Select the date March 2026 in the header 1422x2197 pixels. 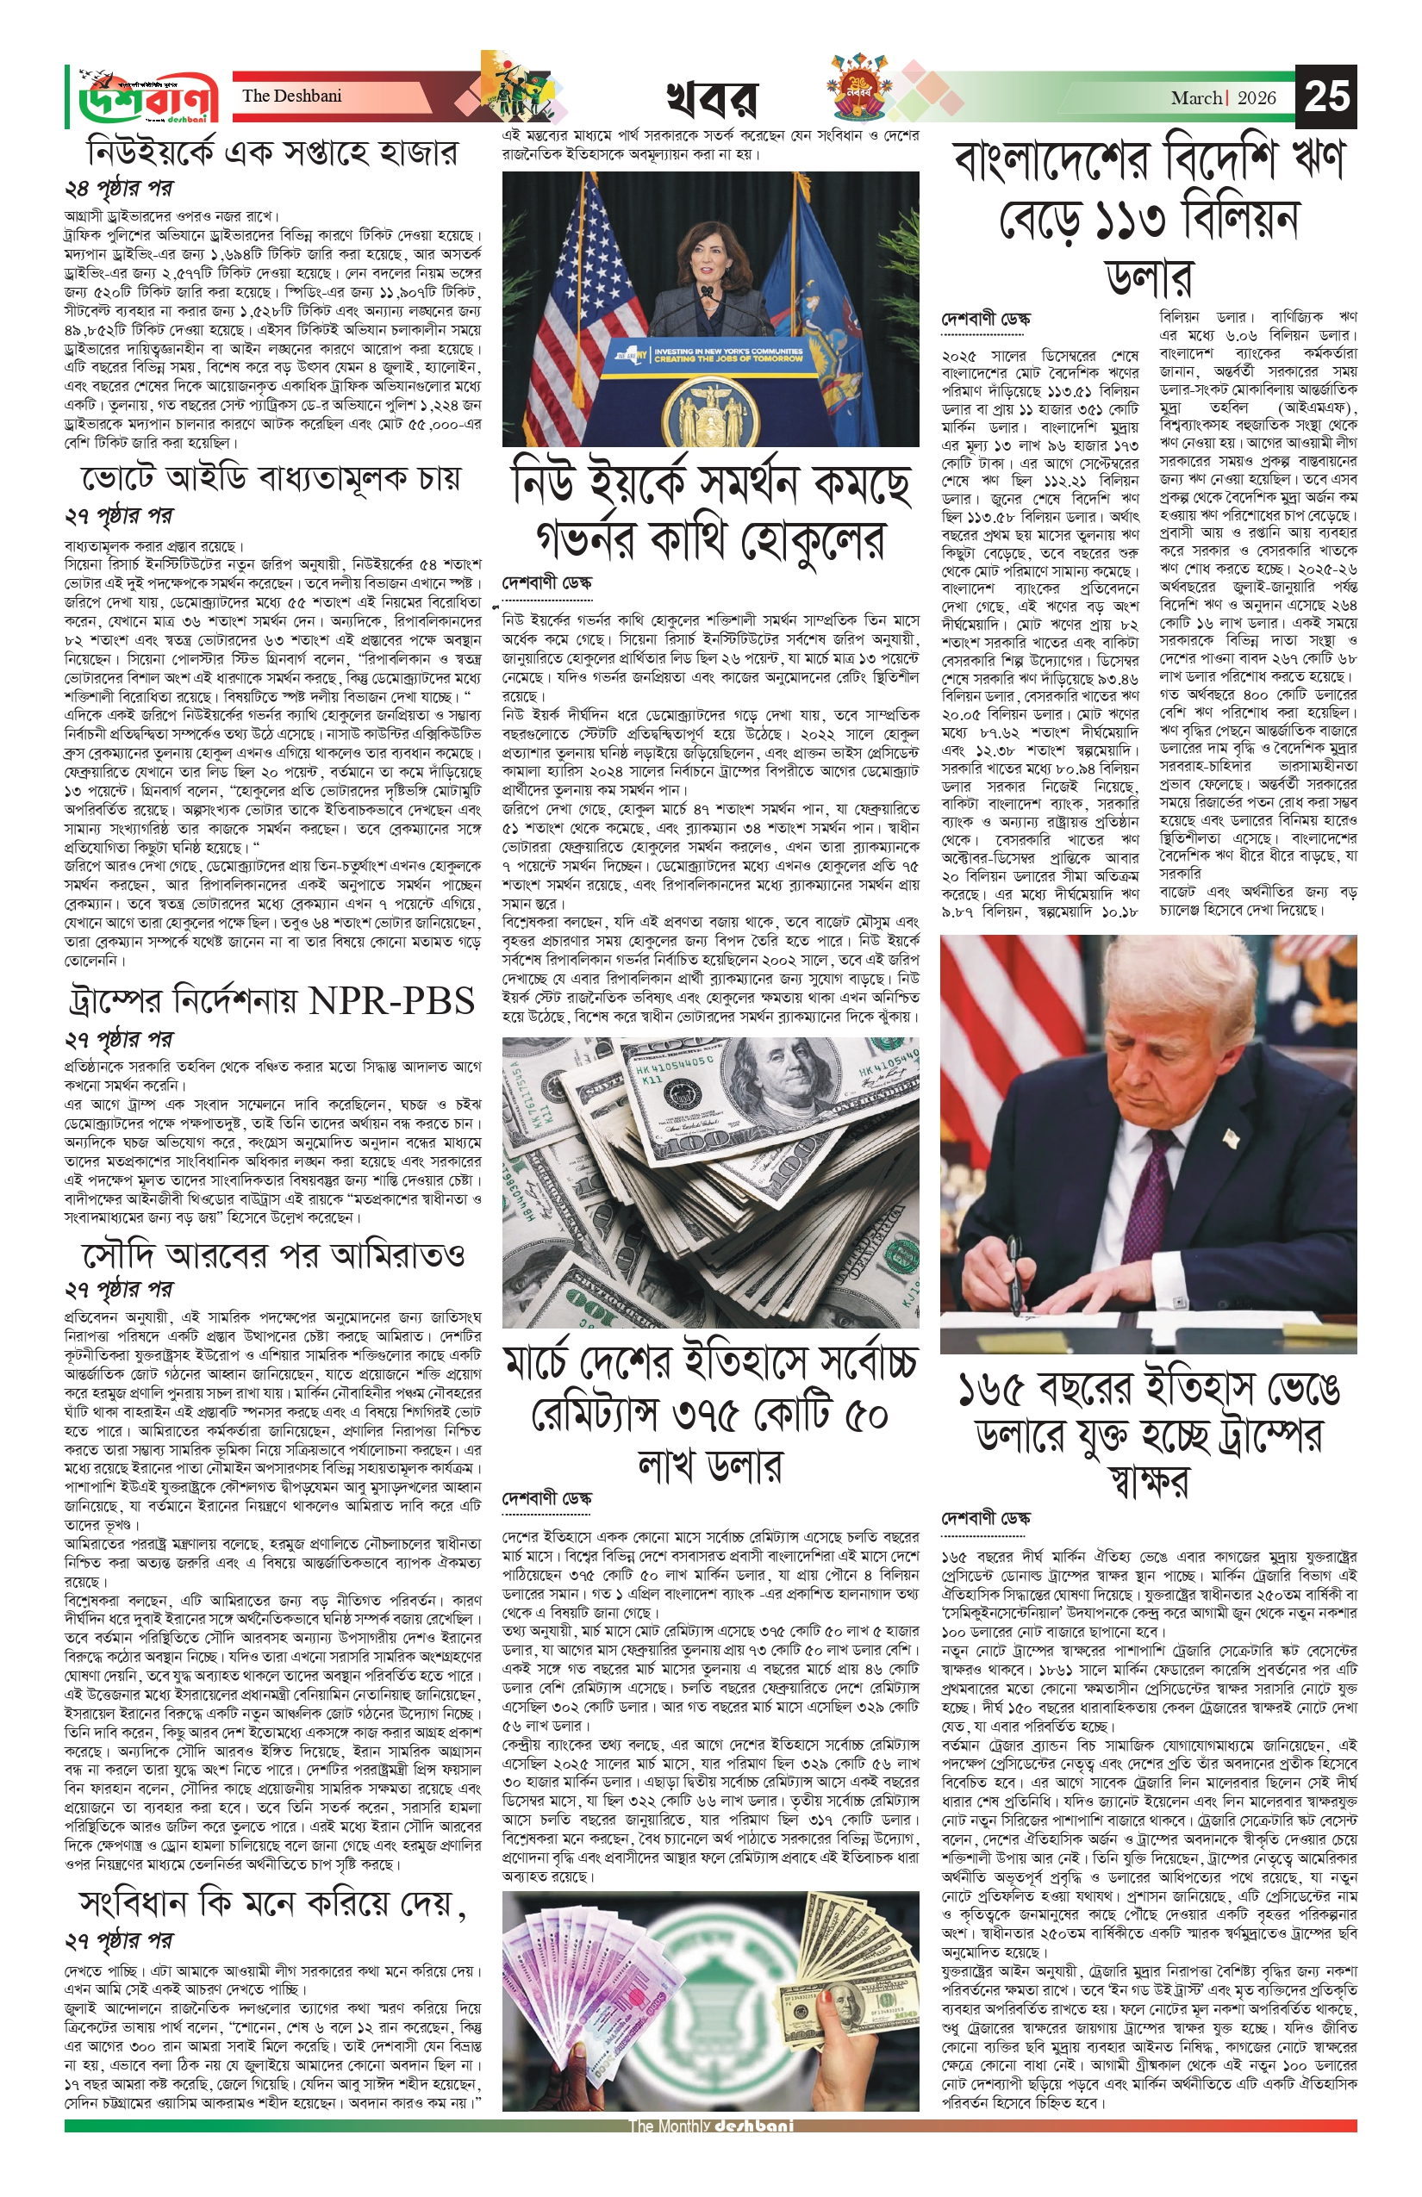(1224, 98)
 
